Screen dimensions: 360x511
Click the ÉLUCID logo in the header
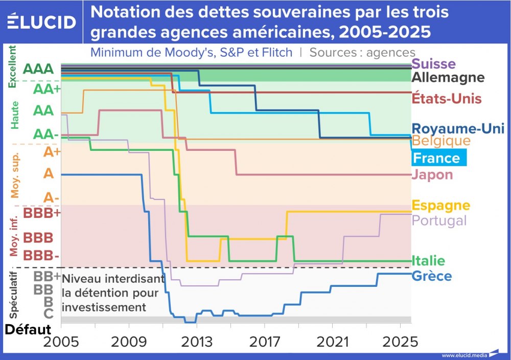point(42,21)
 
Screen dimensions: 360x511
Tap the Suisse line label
point(433,64)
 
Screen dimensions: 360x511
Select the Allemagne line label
point(448,77)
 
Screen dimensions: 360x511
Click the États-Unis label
point(447,98)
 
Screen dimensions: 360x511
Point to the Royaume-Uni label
point(458,128)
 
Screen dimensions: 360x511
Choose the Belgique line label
point(441,140)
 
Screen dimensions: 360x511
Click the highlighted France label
point(436,157)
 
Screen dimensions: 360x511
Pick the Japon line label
point(432,174)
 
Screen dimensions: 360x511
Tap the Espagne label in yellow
point(440,205)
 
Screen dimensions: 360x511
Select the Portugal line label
point(439,220)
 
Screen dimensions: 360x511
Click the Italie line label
point(428,260)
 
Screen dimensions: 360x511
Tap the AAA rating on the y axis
point(38,69)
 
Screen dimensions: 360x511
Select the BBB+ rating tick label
point(42,213)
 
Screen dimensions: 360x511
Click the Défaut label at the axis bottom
point(28,329)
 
